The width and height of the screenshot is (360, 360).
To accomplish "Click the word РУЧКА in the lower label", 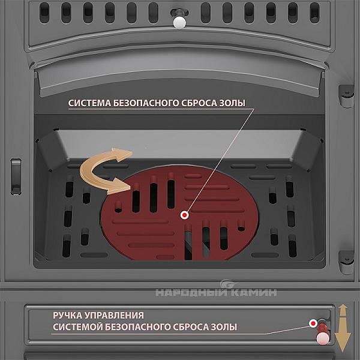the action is coord(67,316).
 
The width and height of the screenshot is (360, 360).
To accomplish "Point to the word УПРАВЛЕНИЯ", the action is coord(114,316).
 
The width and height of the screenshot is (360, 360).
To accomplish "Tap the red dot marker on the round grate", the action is coord(185,215).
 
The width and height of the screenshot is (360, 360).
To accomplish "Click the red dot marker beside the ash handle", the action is coord(313,323).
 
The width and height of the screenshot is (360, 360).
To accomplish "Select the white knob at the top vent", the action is coord(179,22).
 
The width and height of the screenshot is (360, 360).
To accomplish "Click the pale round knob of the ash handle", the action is coord(323,338).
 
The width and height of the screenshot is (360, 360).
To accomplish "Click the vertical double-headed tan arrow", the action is coord(343,328).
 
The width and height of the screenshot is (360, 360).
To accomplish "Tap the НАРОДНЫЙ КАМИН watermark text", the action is coord(216,293).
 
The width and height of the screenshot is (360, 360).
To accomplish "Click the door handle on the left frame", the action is coord(16,176).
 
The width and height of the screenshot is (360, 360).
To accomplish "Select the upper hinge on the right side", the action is coord(346,96).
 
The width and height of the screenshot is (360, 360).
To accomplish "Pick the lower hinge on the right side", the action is coord(346,262).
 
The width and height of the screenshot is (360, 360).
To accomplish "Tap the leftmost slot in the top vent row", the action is coord(44,13).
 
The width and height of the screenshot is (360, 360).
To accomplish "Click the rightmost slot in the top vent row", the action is coord(314,13).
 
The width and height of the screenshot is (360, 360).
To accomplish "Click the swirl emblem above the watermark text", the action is coord(227,284).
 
